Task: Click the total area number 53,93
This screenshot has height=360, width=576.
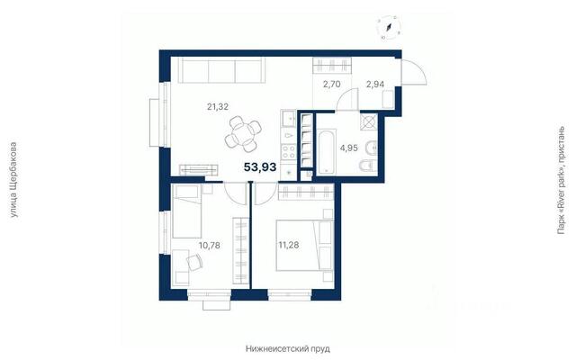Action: click(260, 167)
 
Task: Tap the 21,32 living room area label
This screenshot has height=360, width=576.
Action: click(218, 107)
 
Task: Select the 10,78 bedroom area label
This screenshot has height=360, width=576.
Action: click(210, 245)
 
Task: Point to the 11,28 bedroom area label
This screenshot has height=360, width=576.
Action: click(288, 245)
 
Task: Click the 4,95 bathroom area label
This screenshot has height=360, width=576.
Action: click(348, 148)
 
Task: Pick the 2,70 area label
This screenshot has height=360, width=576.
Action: click(332, 85)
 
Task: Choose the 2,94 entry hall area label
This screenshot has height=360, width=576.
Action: click(375, 85)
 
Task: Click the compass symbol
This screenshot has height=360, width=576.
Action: click(389, 28)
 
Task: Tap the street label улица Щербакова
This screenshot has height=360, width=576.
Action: click(13, 180)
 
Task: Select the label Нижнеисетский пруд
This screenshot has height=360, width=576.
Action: click(288, 348)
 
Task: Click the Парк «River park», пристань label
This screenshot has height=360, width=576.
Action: click(561, 180)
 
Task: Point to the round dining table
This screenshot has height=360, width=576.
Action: click(243, 134)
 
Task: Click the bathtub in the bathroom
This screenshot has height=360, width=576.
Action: click(326, 151)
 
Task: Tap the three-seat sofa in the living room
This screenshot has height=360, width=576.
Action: click(221, 70)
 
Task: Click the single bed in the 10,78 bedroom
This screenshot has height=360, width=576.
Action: click(187, 211)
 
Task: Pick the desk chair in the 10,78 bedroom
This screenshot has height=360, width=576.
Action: click(194, 262)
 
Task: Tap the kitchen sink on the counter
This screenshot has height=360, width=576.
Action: click(288, 119)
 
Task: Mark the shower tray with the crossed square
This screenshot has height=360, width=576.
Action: click(369, 122)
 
